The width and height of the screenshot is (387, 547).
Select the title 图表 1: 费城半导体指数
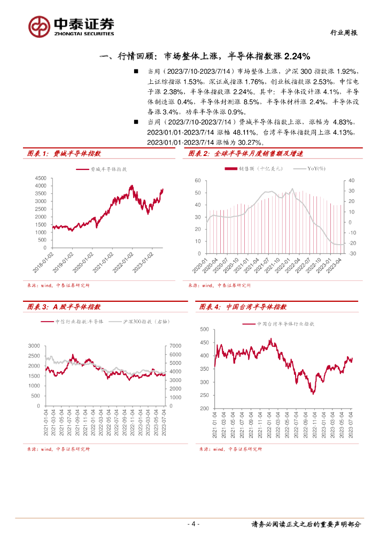(x=64, y=154)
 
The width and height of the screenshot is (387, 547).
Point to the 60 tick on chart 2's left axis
(x=197, y=181)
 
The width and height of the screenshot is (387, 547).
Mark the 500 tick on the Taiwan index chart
(x=204, y=329)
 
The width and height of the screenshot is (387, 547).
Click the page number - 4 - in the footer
(x=193, y=524)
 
